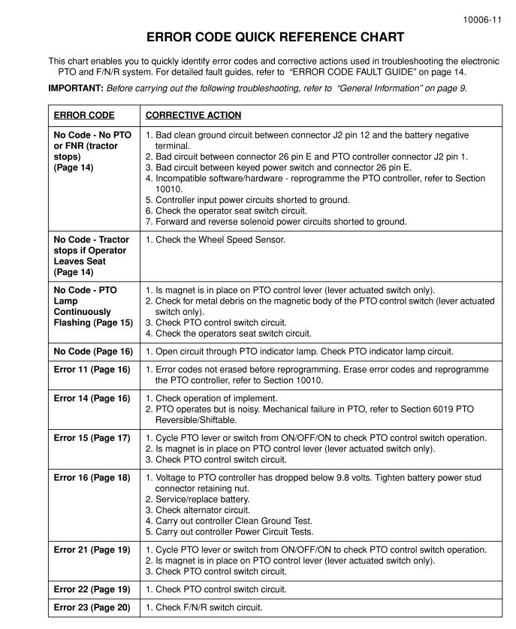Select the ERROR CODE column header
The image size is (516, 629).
[x=84, y=116]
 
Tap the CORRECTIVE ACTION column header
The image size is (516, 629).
[x=193, y=116]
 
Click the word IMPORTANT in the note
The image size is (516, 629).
[x=76, y=88]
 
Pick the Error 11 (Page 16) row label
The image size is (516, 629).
[x=92, y=370]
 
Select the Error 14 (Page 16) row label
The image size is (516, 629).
[x=92, y=398]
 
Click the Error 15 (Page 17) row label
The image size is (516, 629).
[x=92, y=438]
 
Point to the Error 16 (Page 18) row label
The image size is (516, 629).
[x=92, y=478]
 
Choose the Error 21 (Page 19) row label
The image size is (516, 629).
[x=92, y=550]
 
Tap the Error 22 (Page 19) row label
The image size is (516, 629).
[x=92, y=590]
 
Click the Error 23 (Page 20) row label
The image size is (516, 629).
[x=92, y=608]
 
